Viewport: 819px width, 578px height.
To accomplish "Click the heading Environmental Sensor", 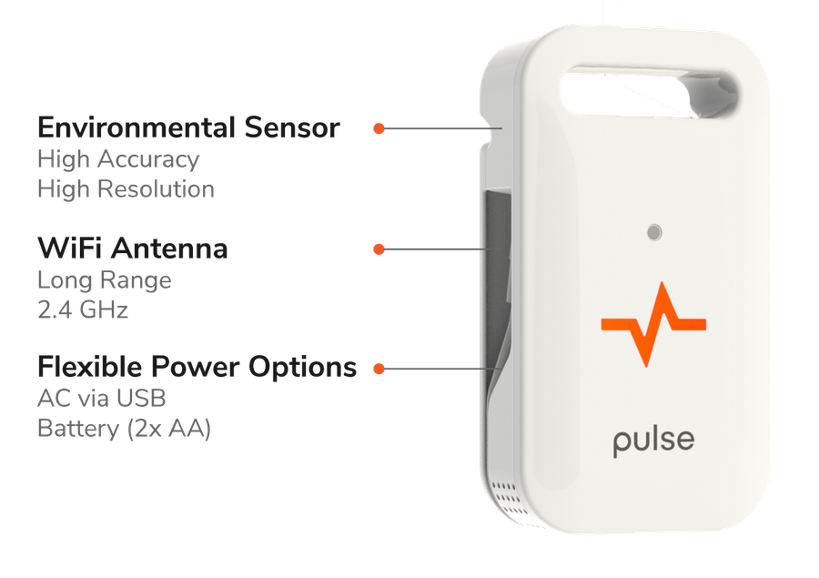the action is [x=188, y=127].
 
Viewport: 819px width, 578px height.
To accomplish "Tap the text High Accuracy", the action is [x=118, y=159].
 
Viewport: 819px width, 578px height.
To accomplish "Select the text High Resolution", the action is [x=126, y=189].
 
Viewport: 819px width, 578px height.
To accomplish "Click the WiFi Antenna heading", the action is [x=133, y=248].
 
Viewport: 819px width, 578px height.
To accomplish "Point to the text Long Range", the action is [x=105, y=280].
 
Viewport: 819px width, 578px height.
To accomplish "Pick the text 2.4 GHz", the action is [x=83, y=309].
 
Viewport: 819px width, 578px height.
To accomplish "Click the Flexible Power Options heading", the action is [x=197, y=367].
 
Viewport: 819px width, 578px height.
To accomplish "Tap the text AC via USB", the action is [x=102, y=399].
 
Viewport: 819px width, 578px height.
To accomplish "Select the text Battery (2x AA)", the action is [x=125, y=429].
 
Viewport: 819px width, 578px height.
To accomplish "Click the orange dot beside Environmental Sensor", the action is [x=379, y=128].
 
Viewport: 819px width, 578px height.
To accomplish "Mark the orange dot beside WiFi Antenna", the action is [x=379, y=249].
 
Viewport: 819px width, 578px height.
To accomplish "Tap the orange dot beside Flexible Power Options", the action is [x=379, y=369].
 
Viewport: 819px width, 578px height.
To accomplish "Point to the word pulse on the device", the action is [x=653, y=441].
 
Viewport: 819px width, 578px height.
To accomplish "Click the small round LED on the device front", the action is [x=654, y=232].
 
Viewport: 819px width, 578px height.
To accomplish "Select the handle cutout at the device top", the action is [x=648, y=93].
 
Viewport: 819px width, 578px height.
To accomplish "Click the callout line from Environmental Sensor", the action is [x=443, y=128].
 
